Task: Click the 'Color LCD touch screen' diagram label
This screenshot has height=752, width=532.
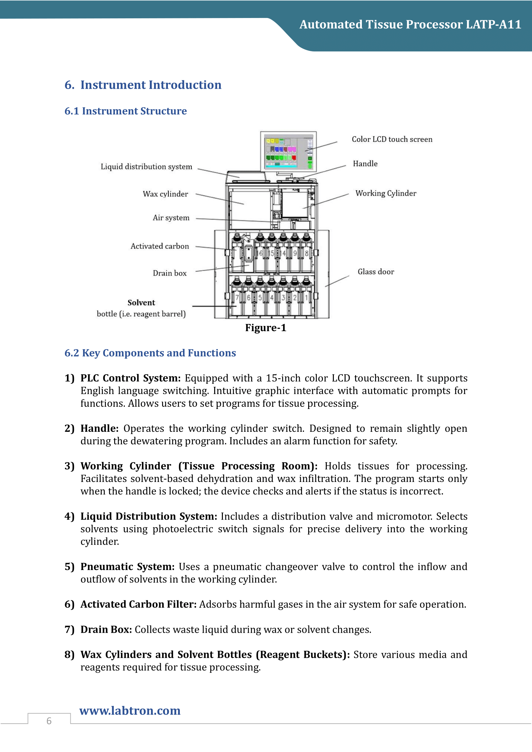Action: [x=392, y=139]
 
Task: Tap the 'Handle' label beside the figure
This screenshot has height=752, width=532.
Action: [x=365, y=163]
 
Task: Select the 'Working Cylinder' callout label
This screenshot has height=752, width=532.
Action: [x=386, y=193]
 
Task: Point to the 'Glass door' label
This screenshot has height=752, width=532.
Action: [x=376, y=272]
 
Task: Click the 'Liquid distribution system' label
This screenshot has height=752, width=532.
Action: [x=146, y=167]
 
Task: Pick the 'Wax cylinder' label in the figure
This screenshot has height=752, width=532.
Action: [x=165, y=194]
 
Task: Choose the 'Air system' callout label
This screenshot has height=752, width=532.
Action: [x=171, y=218]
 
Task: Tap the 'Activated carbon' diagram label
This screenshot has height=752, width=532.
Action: [x=160, y=246]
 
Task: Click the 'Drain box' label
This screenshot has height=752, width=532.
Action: [x=170, y=273]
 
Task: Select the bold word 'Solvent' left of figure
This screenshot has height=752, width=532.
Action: [x=141, y=302]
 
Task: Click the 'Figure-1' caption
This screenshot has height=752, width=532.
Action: [x=265, y=328]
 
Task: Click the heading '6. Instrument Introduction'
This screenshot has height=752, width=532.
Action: [x=143, y=85]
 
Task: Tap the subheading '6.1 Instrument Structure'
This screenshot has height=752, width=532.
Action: [x=125, y=111]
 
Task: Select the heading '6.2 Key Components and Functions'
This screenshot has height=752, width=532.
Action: [x=150, y=353]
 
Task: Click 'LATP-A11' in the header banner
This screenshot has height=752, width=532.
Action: [x=493, y=24]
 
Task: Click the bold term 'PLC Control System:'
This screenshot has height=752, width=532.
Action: [x=130, y=378]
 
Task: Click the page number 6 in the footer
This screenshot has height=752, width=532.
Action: [x=49, y=720]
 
